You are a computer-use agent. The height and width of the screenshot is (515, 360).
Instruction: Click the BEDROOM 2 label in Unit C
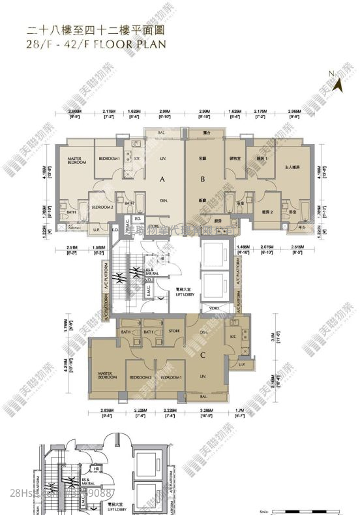141,377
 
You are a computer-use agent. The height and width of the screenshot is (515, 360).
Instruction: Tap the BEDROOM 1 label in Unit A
109,159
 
